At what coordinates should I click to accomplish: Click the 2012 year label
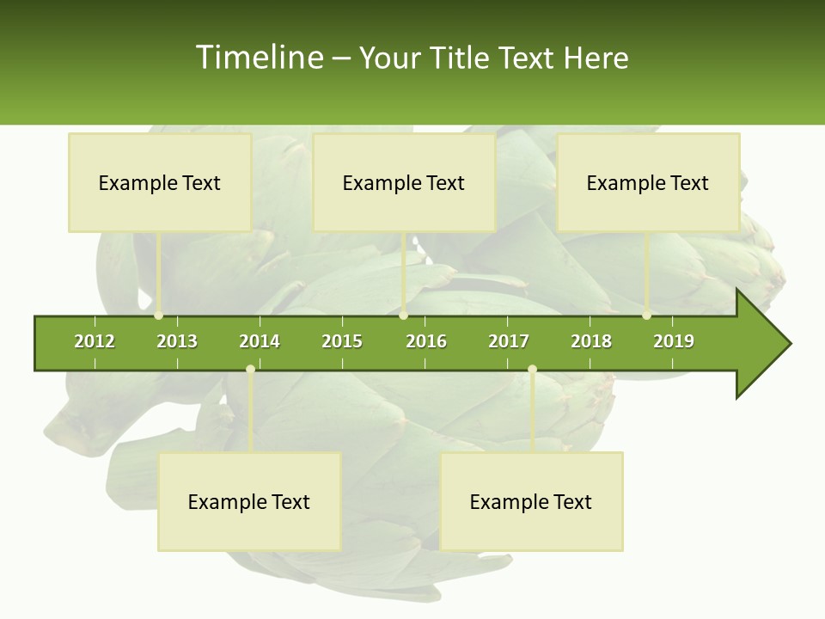click(95, 341)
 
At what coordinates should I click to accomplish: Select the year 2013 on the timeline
click(177, 341)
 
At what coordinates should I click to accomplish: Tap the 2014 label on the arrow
click(260, 341)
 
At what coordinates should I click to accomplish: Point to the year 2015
click(342, 341)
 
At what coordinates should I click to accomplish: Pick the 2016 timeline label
click(426, 341)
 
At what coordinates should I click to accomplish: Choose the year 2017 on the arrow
click(509, 341)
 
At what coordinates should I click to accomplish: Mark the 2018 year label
click(591, 341)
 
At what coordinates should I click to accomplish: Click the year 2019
click(674, 341)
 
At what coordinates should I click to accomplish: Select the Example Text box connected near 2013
click(160, 182)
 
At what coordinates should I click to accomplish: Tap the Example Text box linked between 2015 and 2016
click(404, 182)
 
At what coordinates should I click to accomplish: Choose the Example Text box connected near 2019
click(648, 182)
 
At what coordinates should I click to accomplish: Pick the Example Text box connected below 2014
click(249, 501)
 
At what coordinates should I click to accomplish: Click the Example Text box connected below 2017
click(531, 501)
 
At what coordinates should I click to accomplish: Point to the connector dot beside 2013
click(159, 316)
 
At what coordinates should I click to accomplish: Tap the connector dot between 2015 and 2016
click(404, 316)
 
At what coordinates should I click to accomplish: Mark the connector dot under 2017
click(532, 370)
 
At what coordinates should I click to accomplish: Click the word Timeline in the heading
click(258, 58)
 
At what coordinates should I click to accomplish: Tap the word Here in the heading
click(596, 58)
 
